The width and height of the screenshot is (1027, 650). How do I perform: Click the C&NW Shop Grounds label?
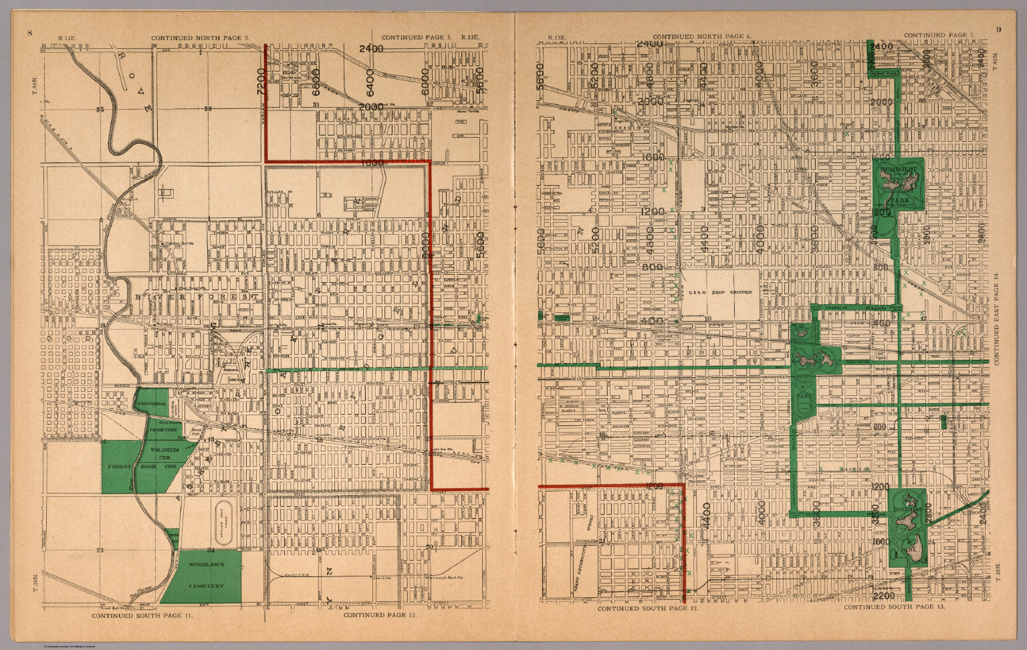coord(721,292)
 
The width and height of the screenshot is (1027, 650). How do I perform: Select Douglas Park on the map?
coord(907,528)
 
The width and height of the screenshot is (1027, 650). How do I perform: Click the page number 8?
coord(29,32)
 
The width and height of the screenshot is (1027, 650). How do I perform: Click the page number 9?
coord(998,29)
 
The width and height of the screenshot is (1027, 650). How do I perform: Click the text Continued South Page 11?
coord(142,614)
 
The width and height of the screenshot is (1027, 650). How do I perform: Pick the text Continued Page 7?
coord(939,35)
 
